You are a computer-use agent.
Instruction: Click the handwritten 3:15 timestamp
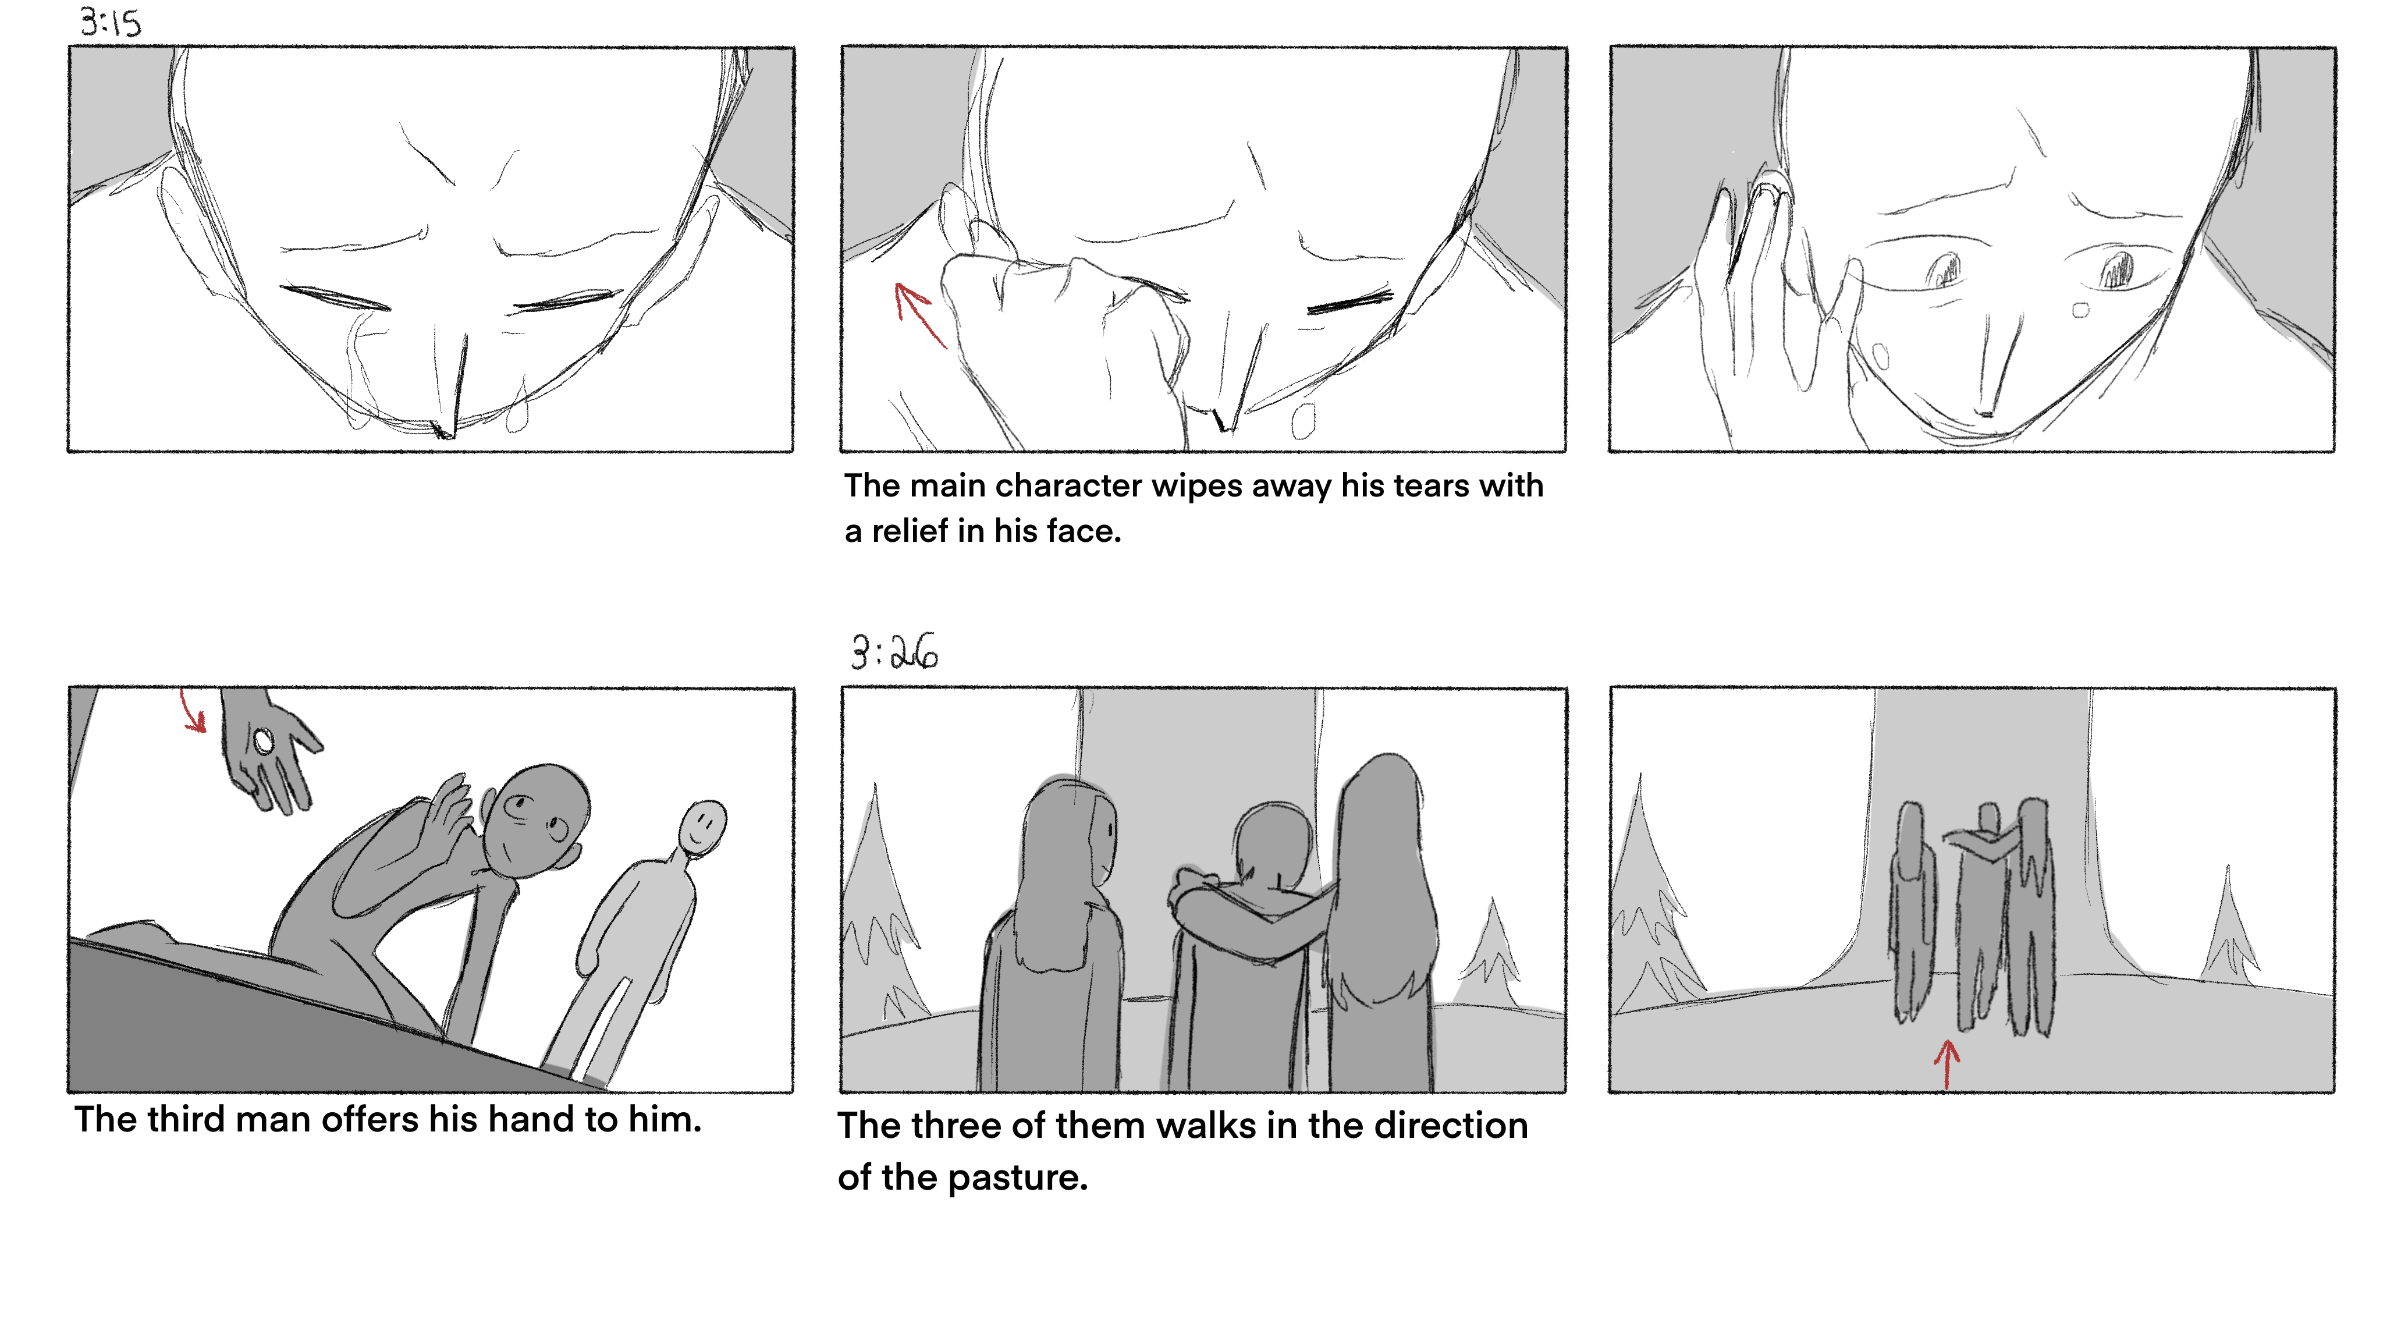coord(110,22)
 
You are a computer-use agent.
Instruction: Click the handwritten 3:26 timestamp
coord(894,652)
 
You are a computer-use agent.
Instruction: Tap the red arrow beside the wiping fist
coord(919,315)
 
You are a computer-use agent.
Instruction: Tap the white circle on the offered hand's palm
coord(264,741)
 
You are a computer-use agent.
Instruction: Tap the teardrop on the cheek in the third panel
coord(2079,310)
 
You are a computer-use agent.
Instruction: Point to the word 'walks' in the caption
coord(1206,1126)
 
